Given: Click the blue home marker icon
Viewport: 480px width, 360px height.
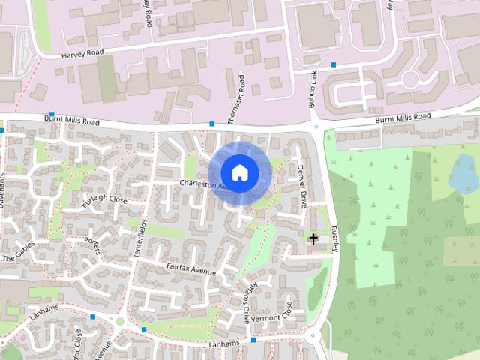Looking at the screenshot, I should click(239, 173).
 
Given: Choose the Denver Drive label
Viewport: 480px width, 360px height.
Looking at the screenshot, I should click(302, 186).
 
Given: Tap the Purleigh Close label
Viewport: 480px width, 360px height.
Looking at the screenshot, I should click(105, 201).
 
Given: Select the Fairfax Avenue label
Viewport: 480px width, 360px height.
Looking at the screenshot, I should click(191, 269).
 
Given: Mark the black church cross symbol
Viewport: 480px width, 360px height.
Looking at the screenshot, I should click(313, 238).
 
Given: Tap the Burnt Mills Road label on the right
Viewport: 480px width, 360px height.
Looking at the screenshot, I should click(403, 118).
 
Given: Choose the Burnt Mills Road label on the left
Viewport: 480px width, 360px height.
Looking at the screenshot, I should click(72, 120).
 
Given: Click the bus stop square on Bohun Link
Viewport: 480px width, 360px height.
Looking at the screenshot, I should click(333, 65).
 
